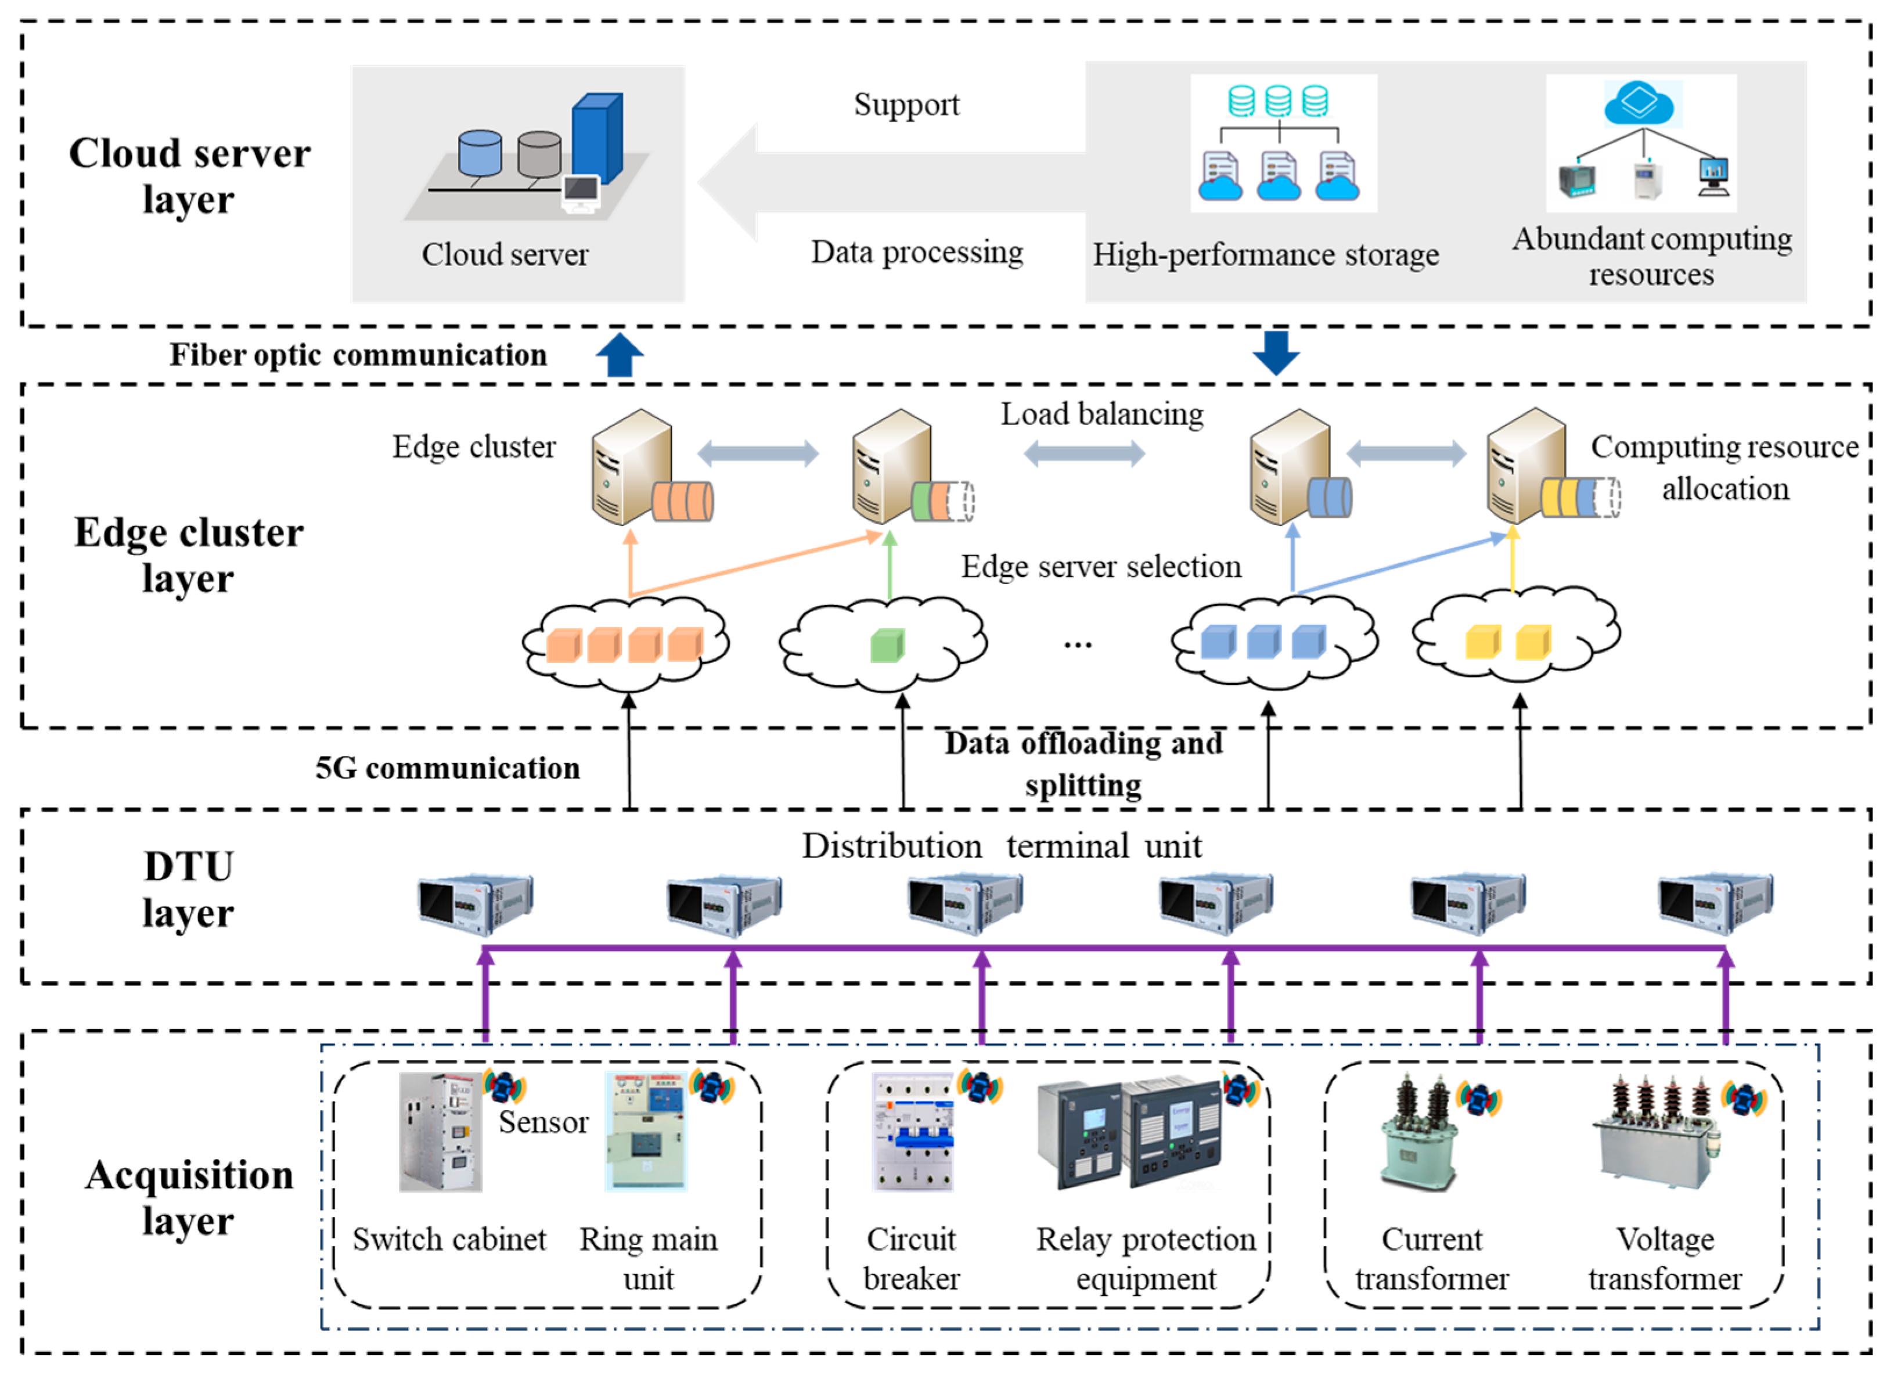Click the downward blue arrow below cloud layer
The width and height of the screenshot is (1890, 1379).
1276,352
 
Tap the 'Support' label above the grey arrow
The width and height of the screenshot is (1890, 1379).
906,105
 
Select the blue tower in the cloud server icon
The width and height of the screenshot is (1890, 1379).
597,138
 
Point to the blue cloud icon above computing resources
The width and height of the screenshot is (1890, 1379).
1638,103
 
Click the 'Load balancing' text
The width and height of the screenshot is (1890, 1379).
1102,414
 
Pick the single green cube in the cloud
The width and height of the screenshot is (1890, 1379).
887,645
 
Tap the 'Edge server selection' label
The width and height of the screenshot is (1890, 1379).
1101,567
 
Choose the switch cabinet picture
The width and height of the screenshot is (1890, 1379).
441,1132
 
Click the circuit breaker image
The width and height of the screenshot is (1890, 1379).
912,1132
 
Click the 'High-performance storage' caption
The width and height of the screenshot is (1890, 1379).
1266,254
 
